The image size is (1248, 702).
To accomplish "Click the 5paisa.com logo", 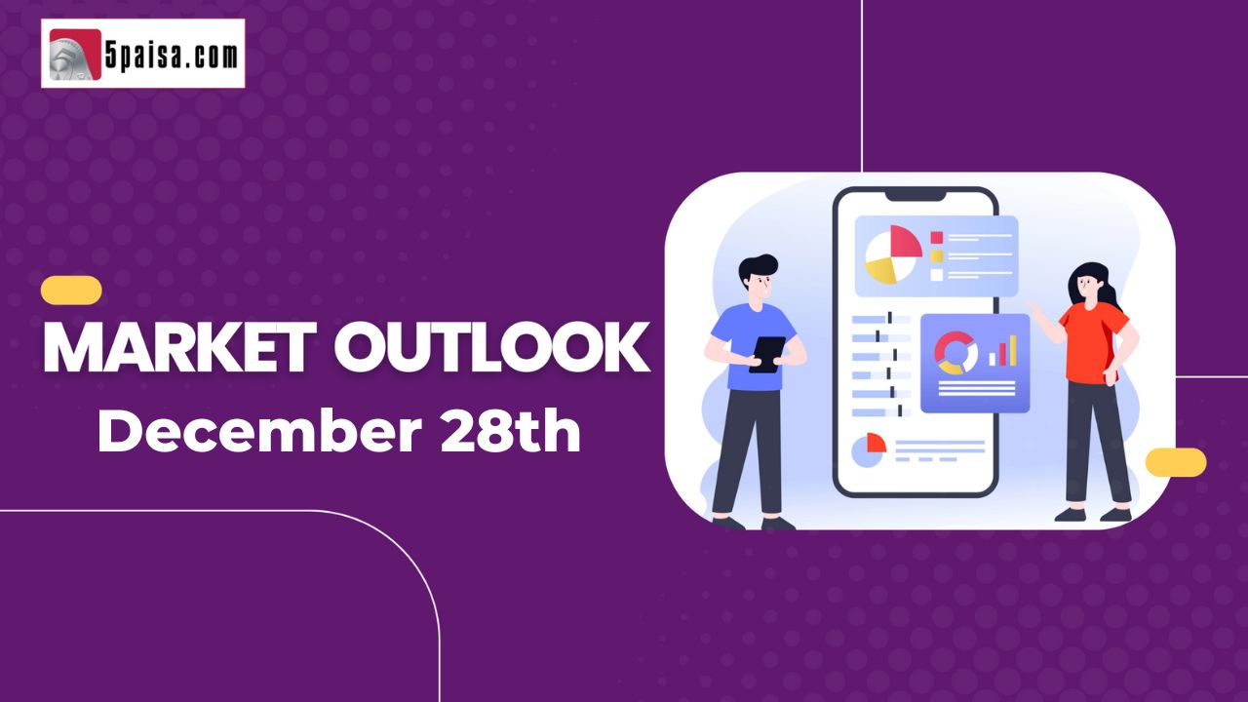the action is click(143, 54).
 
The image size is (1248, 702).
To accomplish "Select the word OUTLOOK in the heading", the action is click(492, 348).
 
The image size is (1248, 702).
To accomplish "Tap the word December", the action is click(259, 431).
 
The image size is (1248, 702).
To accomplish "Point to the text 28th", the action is click(510, 430).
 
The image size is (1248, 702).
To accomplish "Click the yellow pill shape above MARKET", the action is click(71, 291).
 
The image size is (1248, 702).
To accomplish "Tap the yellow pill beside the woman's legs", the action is click(1176, 462).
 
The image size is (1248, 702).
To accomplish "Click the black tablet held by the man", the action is click(767, 354).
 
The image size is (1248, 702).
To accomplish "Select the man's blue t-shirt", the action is click(753, 346).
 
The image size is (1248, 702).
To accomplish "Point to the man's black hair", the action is click(757, 267).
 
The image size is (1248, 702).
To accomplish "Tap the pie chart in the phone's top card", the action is click(893, 254).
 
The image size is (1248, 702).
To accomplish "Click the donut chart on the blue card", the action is click(955, 353).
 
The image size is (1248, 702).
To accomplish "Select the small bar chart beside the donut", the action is click(1003, 350).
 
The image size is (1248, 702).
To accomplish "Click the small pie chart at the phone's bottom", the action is click(869, 450).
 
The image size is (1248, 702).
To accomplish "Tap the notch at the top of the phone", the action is click(916, 195).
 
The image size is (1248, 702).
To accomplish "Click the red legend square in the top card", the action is click(937, 238).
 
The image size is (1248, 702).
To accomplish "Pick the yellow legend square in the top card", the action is click(937, 256).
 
